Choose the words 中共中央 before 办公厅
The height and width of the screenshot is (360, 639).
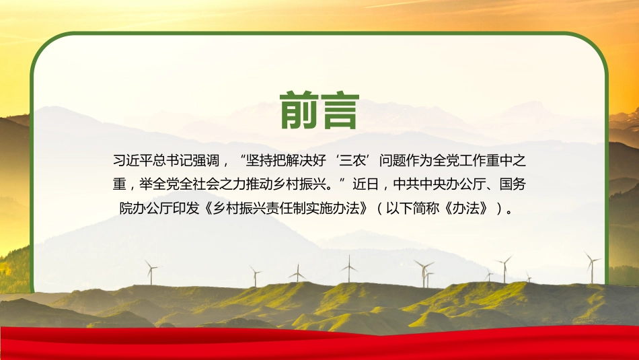(421, 183)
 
